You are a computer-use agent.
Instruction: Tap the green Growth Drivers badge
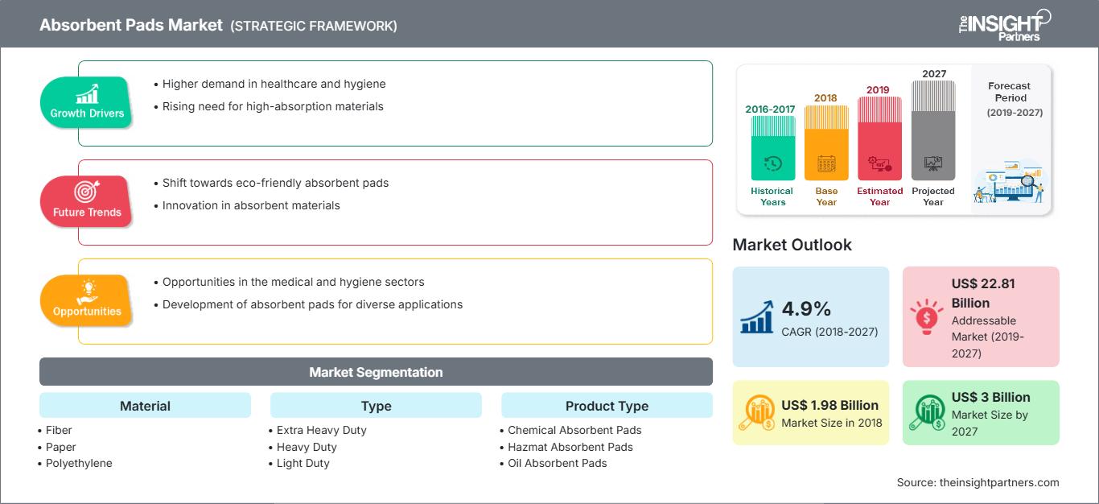pos(87,102)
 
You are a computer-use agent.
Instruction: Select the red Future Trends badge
pos(87,201)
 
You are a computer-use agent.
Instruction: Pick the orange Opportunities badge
pos(87,300)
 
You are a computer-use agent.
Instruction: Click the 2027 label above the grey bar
pos(934,73)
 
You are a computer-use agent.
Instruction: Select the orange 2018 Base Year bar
pos(826,143)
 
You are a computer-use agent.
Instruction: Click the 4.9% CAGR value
pos(805,308)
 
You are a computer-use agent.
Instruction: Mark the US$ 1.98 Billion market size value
pos(829,405)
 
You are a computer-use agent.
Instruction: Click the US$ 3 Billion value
pos(990,397)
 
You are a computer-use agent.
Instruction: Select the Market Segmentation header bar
pos(376,372)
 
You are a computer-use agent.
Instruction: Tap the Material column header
pos(145,406)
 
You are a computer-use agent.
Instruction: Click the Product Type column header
pos(607,406)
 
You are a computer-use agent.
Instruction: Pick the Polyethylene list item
pos(79,463)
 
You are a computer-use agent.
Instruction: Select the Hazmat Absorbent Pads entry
pos(570,447)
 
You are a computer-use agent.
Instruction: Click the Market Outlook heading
pos(792,245)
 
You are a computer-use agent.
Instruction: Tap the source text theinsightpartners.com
pos(999,482)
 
